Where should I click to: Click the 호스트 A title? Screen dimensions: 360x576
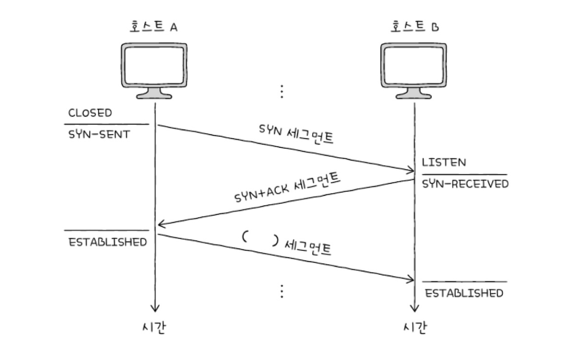pos(154,27)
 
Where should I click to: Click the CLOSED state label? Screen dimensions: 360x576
pos(90,113)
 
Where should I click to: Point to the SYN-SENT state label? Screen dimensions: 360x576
pos(99,134)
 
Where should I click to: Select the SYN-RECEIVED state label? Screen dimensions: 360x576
pos(465,184)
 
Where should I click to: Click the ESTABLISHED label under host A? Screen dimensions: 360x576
pos(108,241)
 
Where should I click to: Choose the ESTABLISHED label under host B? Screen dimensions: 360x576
pos(464,293)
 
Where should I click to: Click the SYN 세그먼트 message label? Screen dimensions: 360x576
pos(296,134)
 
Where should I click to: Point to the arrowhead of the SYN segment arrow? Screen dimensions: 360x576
pos(411,170)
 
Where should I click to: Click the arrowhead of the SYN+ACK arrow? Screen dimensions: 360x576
pos(160,224)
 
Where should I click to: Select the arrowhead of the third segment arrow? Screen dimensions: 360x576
pos(411,280)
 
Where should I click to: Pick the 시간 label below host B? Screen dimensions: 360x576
pos(414,328)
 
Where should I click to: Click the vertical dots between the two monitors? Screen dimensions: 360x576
pos(282,91)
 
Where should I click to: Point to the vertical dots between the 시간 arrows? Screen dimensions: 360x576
pos(282,291)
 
